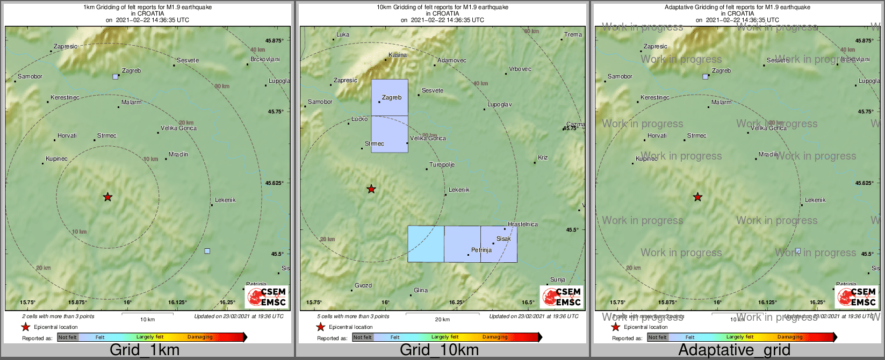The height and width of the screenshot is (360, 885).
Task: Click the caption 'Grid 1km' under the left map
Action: pos(144,350)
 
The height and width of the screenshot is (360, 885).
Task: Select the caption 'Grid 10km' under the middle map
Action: pos(439,350)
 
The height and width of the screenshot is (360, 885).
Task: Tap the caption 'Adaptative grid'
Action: pos(734,350)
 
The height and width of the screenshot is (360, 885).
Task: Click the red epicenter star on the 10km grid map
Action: pos(371,189)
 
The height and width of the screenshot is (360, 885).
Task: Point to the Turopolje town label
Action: pos(442,165)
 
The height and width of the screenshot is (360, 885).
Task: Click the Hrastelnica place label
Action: pos(522,225)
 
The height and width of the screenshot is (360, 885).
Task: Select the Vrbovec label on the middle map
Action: pos(520,69)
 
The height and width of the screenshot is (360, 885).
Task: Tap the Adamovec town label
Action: pos(452,61)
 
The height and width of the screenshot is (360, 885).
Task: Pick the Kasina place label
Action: pos(398,55)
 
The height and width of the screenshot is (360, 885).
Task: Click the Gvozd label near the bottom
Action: pos(363,286)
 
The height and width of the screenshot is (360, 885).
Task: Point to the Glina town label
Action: pos(421,291)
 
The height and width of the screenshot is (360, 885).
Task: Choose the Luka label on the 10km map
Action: pos(343,35)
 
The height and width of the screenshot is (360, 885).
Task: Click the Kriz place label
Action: pos(543,158)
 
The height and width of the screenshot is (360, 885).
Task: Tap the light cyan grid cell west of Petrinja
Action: pos(426,244)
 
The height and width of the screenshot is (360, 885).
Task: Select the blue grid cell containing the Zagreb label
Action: pos(390,98)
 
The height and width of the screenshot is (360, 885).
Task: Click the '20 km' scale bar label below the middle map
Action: pos(442,320)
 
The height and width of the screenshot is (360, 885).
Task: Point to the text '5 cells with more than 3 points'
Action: pos(353,316)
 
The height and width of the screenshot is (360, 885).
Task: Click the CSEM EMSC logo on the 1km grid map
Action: pos(266,297)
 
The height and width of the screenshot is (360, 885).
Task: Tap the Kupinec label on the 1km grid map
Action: pos(56,159)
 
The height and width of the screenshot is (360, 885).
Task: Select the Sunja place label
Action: pos(557,280)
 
